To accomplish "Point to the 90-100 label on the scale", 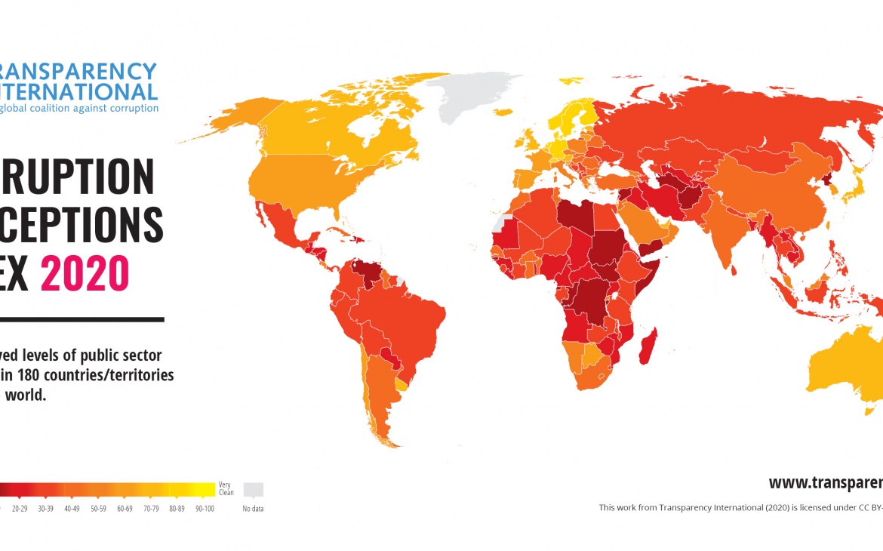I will tap(205, 509).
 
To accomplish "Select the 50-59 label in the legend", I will tap(98, 509).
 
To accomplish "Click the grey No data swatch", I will tap(253, 489).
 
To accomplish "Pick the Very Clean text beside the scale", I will tap(226, 489).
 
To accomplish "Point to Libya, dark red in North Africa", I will tap(578, 216).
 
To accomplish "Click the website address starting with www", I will tap(825, 482).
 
